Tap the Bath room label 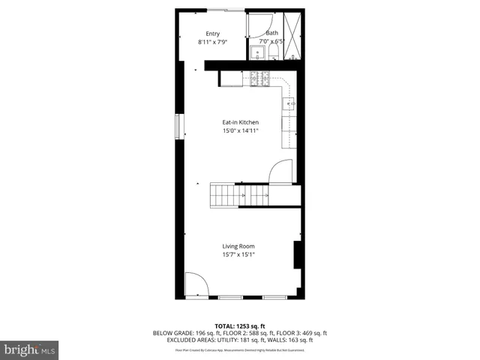point(271,33)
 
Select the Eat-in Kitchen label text point(240,122)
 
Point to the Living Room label point(238,247)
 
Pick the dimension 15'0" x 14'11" point(240,131)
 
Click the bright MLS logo point(29,349)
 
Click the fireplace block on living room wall point(298,255)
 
